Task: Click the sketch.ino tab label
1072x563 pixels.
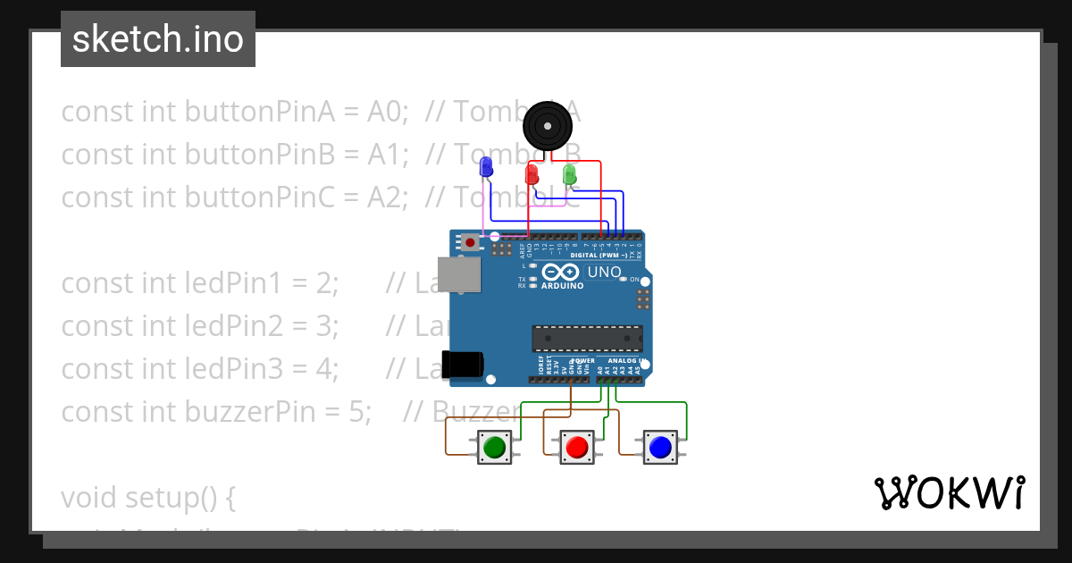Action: click(x=158, y=39)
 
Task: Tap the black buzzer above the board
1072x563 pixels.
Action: click(x=547, y=125)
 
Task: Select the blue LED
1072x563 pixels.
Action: click(x=486, y=166)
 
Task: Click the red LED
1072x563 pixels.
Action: click(x=532, y=173)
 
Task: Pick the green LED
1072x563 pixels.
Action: click(x=570, y=174)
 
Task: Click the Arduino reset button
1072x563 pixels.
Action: click(x=470, y=241)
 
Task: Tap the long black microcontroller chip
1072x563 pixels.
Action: click(x=587, y=339)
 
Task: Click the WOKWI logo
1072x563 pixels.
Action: click(x=949, y=492)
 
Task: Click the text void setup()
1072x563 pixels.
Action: click(x=148, y=497)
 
